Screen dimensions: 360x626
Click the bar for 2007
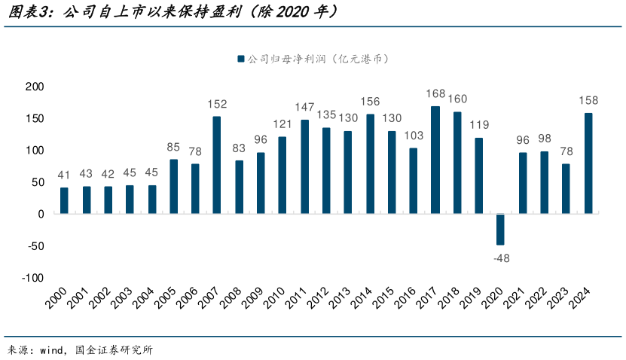[217, 165]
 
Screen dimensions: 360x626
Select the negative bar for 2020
[500, 229]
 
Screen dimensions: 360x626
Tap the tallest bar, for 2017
[435, 160]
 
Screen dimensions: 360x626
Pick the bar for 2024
[588, 163]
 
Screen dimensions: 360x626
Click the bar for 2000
[64, 200]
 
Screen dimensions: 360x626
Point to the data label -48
[500, 258]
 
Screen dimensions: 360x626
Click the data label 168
[435, 94]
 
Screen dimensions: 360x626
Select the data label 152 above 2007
[217, 104]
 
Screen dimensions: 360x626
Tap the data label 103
[414, 136]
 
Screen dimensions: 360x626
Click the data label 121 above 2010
[282, 124]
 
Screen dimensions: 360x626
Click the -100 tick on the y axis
[32, 278]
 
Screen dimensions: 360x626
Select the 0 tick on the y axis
[41, 214]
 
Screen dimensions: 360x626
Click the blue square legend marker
[240, 59]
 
